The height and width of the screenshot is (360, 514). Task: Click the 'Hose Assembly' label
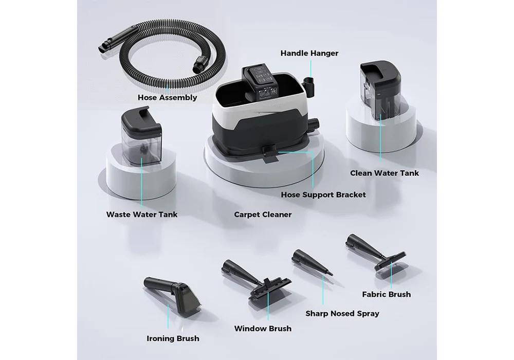pos(167,97)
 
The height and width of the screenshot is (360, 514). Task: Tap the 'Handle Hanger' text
pos(309,53)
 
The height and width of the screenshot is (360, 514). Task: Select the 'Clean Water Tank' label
pos(384,173)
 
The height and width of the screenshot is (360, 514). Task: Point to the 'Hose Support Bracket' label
pos(323,195)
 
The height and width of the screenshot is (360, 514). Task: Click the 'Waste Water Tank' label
pos(142,214)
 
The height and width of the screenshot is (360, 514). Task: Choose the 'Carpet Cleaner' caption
pos(263,214)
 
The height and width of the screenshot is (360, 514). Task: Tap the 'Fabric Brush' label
pos(386,294)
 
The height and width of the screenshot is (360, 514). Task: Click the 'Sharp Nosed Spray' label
pos(342,313)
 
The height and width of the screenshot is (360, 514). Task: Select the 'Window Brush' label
pos(263,329)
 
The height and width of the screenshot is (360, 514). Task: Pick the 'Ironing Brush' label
pos(173,338)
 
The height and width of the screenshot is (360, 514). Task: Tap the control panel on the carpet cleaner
pos(261,84)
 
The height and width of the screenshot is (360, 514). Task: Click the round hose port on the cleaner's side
pos(315,124)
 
